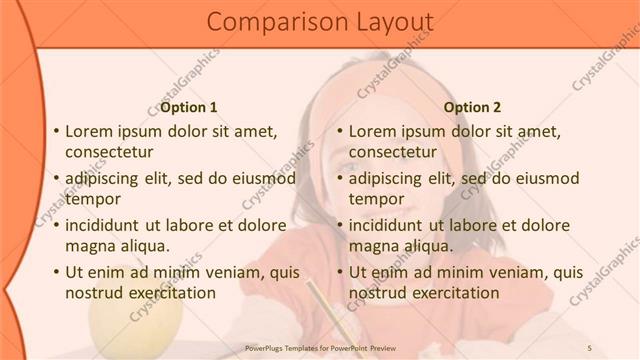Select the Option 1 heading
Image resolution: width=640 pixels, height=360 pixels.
coord(189,107)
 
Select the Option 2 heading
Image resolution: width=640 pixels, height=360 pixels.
coord(472,107)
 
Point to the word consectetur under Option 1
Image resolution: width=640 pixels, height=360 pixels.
coord(109,152)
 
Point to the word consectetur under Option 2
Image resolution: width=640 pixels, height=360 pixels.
coord(393,152)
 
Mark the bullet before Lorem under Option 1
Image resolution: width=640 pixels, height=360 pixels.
coord(56,131)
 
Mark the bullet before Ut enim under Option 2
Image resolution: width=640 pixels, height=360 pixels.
coord(339,272)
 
